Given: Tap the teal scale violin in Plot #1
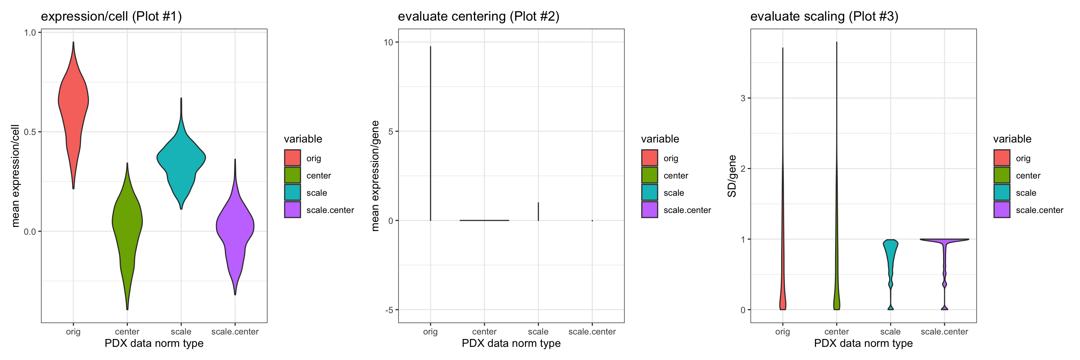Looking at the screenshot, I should (181, 159).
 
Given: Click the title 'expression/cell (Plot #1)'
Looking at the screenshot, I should (111, 16).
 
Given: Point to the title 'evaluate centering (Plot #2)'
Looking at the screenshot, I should (478, 16).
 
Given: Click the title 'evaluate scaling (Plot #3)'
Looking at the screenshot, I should (824, 16).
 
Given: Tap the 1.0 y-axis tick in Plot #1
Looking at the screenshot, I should (30, 33).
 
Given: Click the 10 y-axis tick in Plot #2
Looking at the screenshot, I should (388, 42).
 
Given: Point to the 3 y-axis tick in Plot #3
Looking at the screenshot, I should (743, 98).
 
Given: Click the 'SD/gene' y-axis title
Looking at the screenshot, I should (732, 176).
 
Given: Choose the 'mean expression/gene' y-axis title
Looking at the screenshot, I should (375, 176).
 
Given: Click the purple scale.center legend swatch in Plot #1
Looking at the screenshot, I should (292, 210).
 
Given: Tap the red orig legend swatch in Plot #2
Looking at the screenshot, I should (649, 158).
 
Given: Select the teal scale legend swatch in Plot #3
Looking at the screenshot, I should (1002, 193).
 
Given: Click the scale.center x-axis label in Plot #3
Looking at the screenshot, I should (944, 332).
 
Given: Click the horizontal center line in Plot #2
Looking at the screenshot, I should (484, 220).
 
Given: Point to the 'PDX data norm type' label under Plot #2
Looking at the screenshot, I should (511, 343).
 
